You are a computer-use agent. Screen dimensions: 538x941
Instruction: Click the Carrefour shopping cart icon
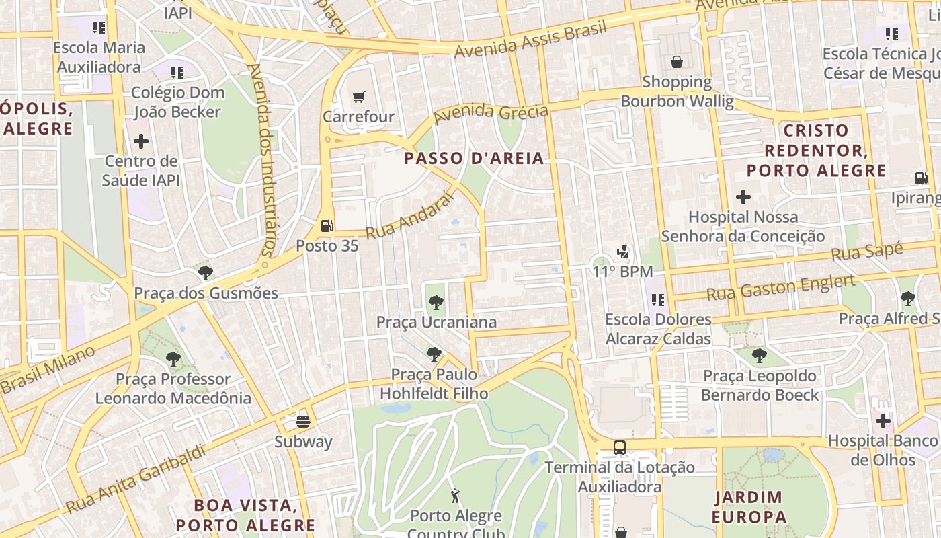pos(359,98)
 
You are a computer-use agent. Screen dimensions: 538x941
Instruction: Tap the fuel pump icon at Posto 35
pos(327,227)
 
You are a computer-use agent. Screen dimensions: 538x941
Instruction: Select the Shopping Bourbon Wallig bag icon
pos(677,63)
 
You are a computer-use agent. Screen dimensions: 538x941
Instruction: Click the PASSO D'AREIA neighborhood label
pos(475,159)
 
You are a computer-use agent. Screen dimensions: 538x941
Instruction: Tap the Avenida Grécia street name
pos(491,113)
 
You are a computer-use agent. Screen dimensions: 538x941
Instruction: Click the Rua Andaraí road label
pos(407,217)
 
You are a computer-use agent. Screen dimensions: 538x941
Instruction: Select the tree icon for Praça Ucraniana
pos(436,303)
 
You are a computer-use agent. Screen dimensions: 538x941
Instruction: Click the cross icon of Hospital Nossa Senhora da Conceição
pos(743,198)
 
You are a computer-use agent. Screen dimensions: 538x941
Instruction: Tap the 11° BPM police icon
pos(624,253)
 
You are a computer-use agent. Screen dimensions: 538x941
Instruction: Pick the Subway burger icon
pos(303,422)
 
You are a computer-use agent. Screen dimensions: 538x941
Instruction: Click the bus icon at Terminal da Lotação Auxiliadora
pos(620,448)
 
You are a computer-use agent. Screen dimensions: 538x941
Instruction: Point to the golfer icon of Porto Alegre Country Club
pos(456,496)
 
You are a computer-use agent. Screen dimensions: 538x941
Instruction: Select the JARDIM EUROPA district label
pos(749,507)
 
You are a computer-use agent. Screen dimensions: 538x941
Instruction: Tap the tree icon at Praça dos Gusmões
pos(206,273)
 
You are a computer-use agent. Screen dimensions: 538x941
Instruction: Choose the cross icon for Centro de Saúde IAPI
pos(141,141)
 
